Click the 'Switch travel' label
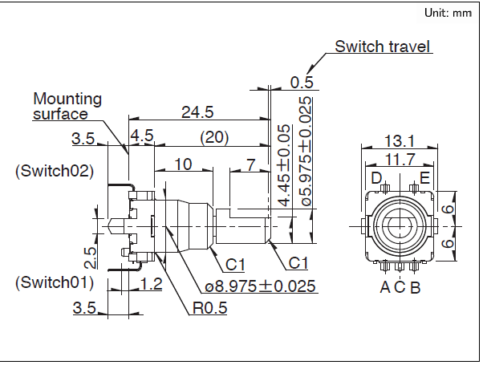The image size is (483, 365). pyautogui.click(x=383, y=47)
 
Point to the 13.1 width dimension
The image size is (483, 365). pyautogui.click(x=399, y=139)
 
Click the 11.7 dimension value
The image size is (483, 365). pyautogui.click(x=399, y=159)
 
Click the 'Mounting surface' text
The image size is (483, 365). pyautogui.click(x=67, y=106)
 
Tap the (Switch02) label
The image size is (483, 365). pyautogui.click(x=55, y=171)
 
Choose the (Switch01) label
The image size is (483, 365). pyautogui.click(x=55, y=282)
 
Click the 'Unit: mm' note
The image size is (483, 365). pyautogui.click(x=448, y=14)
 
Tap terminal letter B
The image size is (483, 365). pyautogui.click(x=415, y=287)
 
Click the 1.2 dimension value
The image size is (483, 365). pyautogui.click(x=151, y=283)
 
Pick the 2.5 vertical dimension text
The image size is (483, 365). pyautogui.click(x=91, y=256)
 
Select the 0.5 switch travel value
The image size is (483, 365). pyautogui.click(x=302, y=82)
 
